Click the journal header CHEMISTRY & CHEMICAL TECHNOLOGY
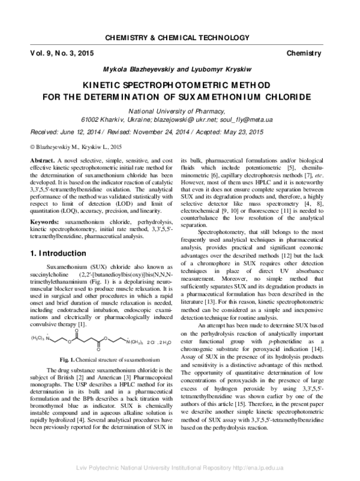tap(179, 38)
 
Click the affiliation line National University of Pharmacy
tap(179, 111)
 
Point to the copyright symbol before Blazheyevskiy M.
tap(32, 146)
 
